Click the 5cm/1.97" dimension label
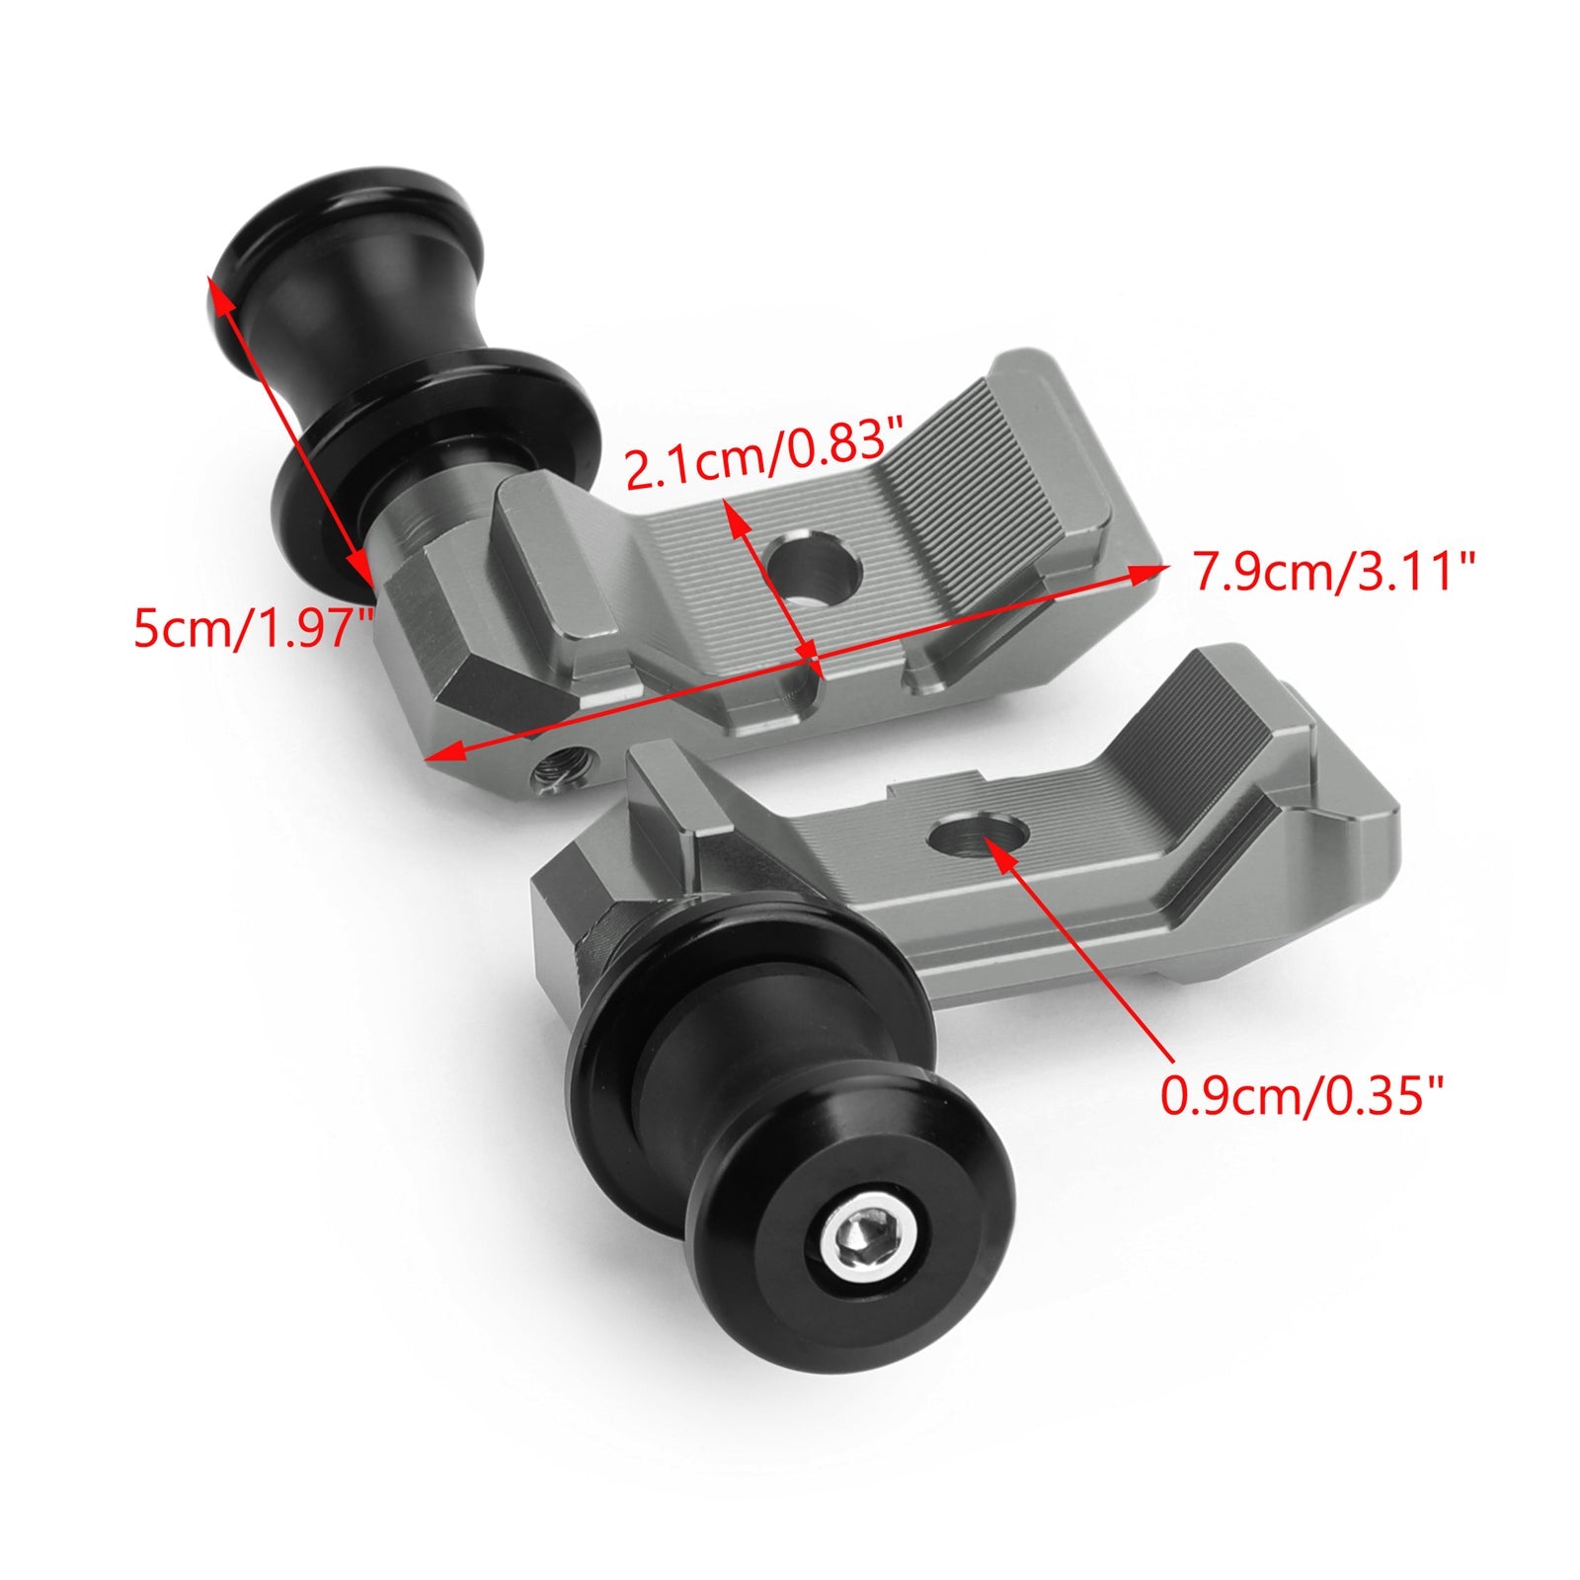click(252, 628)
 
